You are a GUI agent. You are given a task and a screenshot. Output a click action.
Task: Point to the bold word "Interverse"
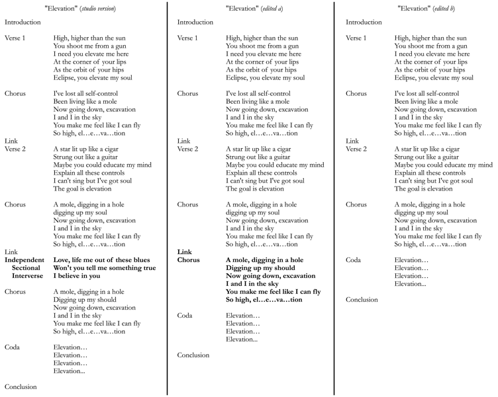coord(27,276)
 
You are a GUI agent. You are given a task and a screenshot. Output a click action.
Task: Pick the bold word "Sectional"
coord(26,268)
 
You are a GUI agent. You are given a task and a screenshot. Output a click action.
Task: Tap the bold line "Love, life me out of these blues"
coord(101,260)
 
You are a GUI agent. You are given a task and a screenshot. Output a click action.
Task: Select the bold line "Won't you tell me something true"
coord(104,268)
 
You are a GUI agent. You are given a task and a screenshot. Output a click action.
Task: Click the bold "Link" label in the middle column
coord(185,252)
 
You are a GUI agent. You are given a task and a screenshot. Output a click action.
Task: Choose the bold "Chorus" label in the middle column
coord(189,260)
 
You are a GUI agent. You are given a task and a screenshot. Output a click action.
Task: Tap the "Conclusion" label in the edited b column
coord(362,299)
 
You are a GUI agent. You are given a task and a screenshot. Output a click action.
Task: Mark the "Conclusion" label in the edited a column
coord(193,355)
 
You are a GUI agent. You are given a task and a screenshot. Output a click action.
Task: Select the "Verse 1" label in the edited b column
coord(358,38)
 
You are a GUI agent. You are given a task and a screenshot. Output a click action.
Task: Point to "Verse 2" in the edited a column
coord(188,149)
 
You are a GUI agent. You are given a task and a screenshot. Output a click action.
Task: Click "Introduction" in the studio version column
coord(23,22)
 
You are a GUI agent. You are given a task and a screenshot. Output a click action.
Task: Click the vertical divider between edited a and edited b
coord(334,198)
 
